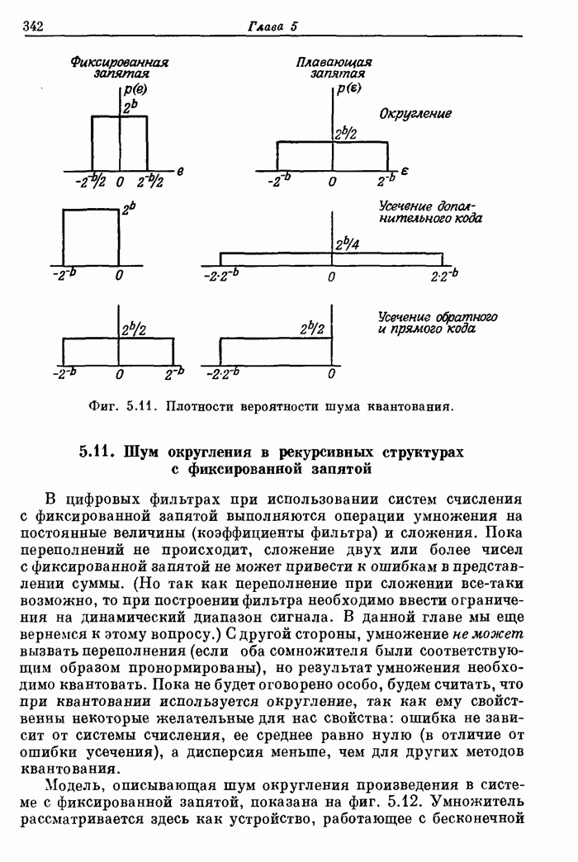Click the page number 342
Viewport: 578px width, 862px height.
click(33, 26)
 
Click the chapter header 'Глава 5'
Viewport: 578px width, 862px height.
click(272, 26)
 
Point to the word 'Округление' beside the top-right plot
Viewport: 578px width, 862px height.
click(415, 113)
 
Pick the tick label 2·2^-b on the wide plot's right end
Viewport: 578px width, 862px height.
click(443, 274)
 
